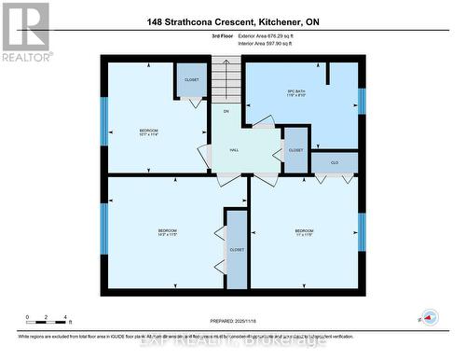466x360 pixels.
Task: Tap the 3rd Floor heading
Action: (x=223, y=36)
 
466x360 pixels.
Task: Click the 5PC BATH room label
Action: (x=296, y=92)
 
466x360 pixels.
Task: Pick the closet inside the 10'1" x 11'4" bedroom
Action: (x=190, y=80)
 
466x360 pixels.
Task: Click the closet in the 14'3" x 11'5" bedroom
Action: (x=237, y=249)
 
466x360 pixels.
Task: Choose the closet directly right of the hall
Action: (x=295, y=150)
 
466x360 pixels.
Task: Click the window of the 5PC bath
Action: (x=363, y=100)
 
